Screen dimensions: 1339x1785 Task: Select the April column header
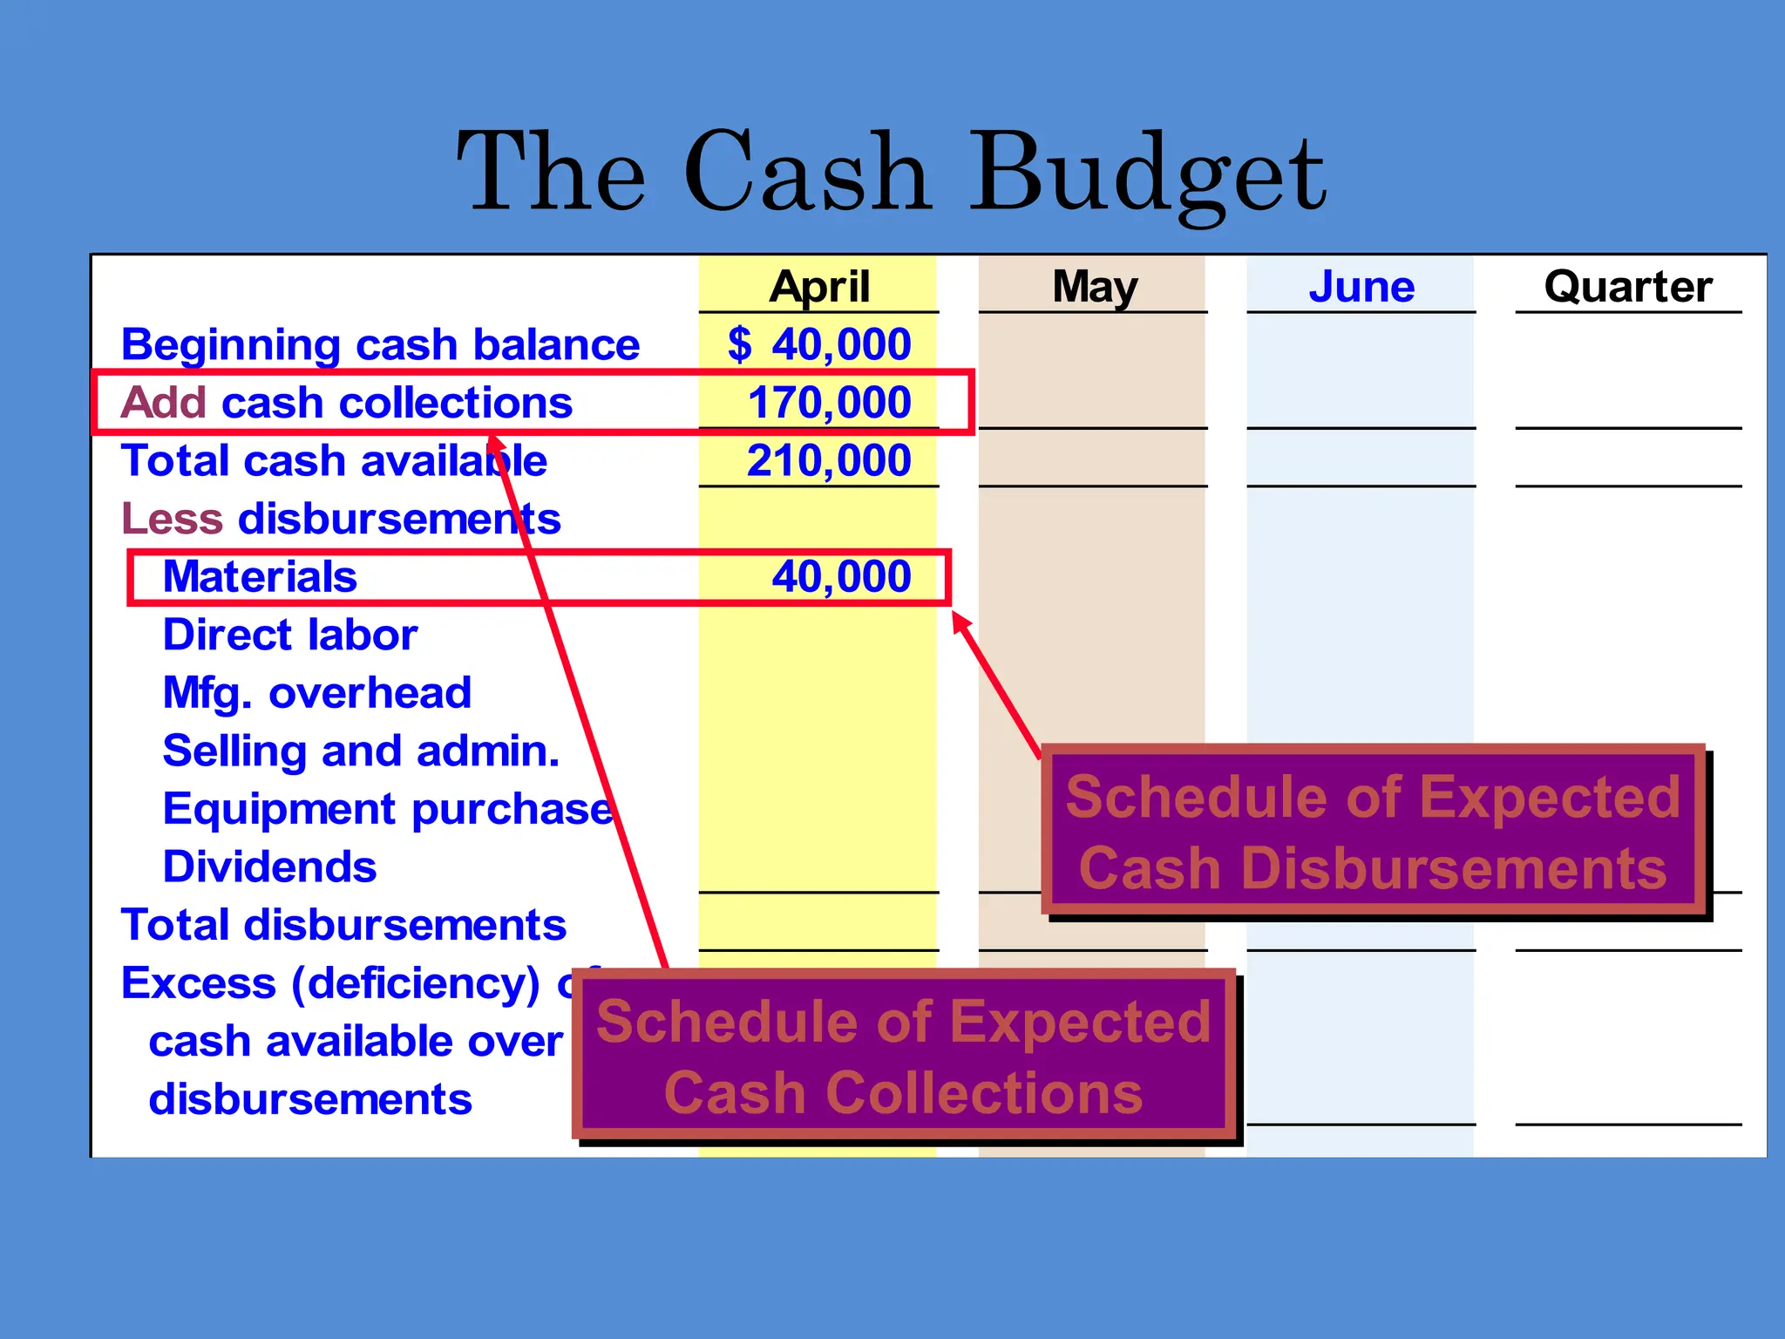818,287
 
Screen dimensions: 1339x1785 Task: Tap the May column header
1094,287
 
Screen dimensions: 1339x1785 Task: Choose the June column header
1361,287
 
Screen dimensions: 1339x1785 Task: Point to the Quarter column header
1627,287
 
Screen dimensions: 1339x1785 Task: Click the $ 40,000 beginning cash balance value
819,344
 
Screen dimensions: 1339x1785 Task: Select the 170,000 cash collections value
829,403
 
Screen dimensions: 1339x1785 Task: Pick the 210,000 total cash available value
829,460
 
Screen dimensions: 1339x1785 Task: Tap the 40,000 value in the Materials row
841,576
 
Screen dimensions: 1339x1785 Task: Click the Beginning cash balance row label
380,345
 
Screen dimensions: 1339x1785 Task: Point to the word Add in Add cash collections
164,403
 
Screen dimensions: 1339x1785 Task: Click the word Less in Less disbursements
173,519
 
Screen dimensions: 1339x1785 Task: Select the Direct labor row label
290,635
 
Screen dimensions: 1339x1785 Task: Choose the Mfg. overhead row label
316,693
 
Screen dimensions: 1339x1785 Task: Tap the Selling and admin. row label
361,751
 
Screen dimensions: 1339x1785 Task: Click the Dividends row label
269,867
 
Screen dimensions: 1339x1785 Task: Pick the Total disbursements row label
343,925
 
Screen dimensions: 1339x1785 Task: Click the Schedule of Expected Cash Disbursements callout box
1373,831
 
